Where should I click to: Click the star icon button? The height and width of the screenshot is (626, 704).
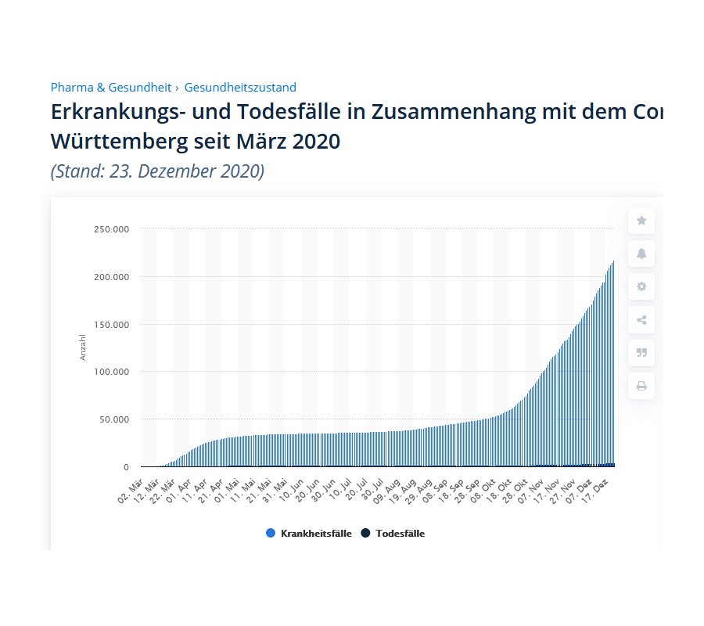(641, 221)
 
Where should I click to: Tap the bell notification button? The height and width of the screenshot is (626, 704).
(641, 254)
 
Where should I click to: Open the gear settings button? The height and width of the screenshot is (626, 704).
(641, 286)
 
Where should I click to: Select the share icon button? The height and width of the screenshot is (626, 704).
(641, 319)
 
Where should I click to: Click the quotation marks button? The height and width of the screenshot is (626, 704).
(641, 352)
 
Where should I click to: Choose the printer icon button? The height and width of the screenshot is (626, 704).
(641, 386)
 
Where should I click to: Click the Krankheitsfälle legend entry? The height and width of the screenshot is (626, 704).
(308, 534)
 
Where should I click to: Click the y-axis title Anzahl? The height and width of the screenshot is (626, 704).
(83, 347)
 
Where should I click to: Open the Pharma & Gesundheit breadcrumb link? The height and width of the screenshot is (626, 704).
(112, 88)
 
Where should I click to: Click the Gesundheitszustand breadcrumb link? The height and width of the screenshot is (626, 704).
(240, 88)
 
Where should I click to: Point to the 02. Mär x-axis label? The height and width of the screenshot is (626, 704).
(131, 493)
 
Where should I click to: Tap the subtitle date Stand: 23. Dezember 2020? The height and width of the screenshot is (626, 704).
(157, 171)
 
